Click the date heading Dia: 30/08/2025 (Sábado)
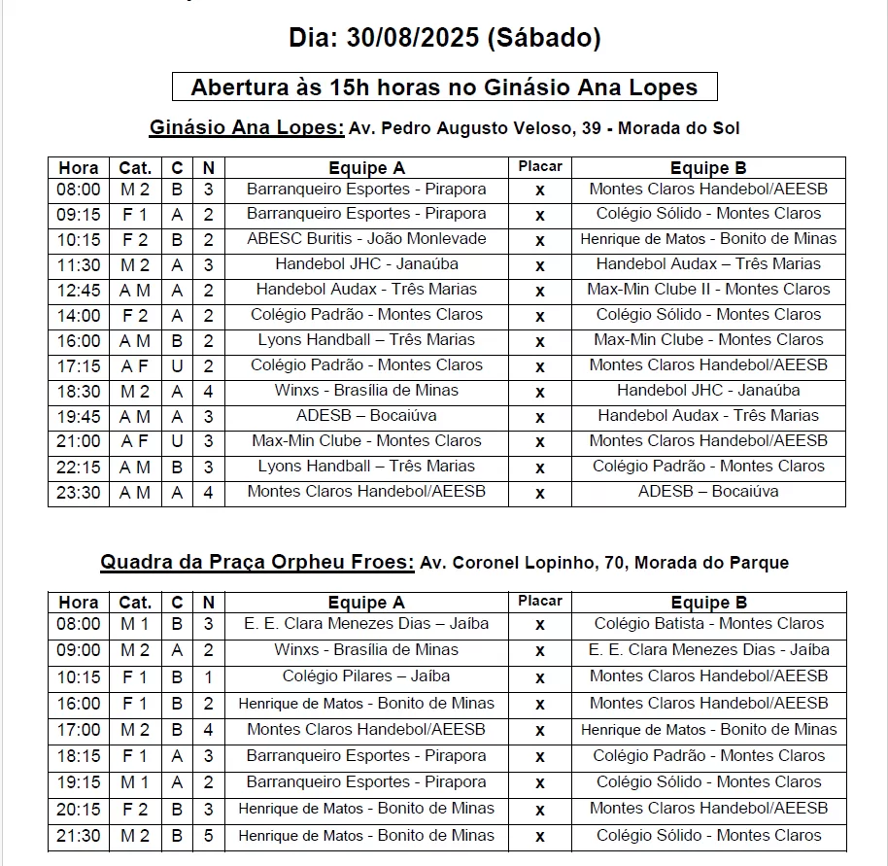(x=444, y=38)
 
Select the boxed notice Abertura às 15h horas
(x=444, y=87)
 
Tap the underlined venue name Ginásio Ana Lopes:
(x=246, y=128)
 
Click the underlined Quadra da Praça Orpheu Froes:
(x=257, y=563)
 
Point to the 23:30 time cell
(x=78, y=492)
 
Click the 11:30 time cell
(x=78, y=264)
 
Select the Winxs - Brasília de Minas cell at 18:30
(x=366, y=391)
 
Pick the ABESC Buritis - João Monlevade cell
(x=366, y=239)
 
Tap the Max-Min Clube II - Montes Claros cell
(x=708, y=290)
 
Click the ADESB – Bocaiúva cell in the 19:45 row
(x=366, y=416)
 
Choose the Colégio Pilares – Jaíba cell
(x=366, y=676)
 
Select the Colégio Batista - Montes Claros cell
(x=708, y=624)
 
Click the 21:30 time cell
(x=78, y=835)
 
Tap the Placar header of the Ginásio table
(x=540, y=167)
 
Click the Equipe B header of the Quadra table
(x=708, y=603)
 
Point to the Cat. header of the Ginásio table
(x=135, y=168)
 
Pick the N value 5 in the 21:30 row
(x=208, y=835)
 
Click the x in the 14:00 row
(x=540, y=316)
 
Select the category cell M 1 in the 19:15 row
(x=135, y=782)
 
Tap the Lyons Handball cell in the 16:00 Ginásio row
(x=366, y=340)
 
